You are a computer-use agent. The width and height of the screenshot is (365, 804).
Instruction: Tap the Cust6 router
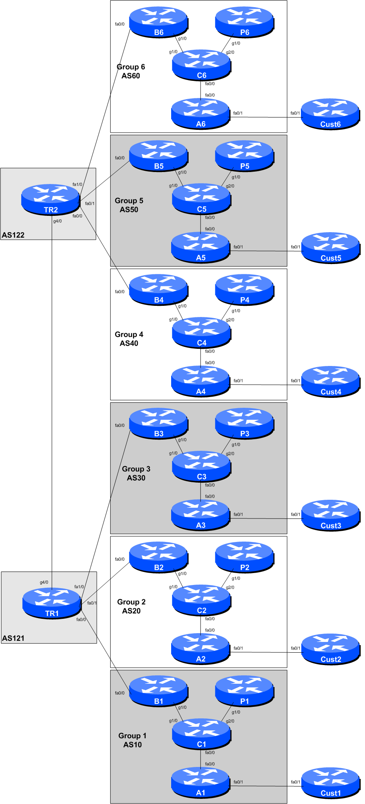pyautogui.click(x=330, y=114)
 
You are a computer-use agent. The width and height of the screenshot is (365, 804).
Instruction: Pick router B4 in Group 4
pyautogui.click(x=158, y=290)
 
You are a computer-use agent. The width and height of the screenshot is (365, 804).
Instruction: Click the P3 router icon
pyautogui.click(x=244, y=424)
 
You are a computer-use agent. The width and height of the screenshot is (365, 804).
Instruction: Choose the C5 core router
pyautogui.click(x=201, y=199)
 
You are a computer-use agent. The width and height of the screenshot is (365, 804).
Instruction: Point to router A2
pyautogui.click(x=201, y=649)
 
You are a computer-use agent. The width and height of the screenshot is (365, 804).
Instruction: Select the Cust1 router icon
pyautogui.click(x=330, y=783)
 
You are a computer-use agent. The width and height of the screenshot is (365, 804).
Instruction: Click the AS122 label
pyautogui.click(x=13, y=235)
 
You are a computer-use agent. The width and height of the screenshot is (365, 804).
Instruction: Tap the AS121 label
pyautogui.click(x=13, y=638)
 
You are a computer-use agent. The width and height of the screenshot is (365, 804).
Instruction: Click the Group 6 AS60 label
pyautogui.click(x=131, y=71)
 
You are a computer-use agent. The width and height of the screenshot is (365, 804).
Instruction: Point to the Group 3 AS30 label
pyautogui.click(x=136, y=473)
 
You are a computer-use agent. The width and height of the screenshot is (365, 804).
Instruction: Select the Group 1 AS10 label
pyautogui.click(x=133, y=740)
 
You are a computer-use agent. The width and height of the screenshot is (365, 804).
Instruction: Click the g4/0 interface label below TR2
pyautogui.click(x=57, y=221)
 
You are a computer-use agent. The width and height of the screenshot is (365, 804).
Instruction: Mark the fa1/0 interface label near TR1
pyautogui.click(x=79, y=587)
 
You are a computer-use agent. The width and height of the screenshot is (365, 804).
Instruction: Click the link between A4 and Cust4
pyautogui.click(x=266, y=385)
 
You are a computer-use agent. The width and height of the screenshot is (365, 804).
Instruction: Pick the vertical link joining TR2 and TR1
pyautogui.click(x=52, y=398)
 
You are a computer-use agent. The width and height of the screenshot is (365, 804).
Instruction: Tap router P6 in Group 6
pyautogui.click(x=244, y=22)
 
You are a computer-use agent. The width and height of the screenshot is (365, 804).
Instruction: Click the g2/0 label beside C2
pyautogui.click(x=230, y=587)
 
